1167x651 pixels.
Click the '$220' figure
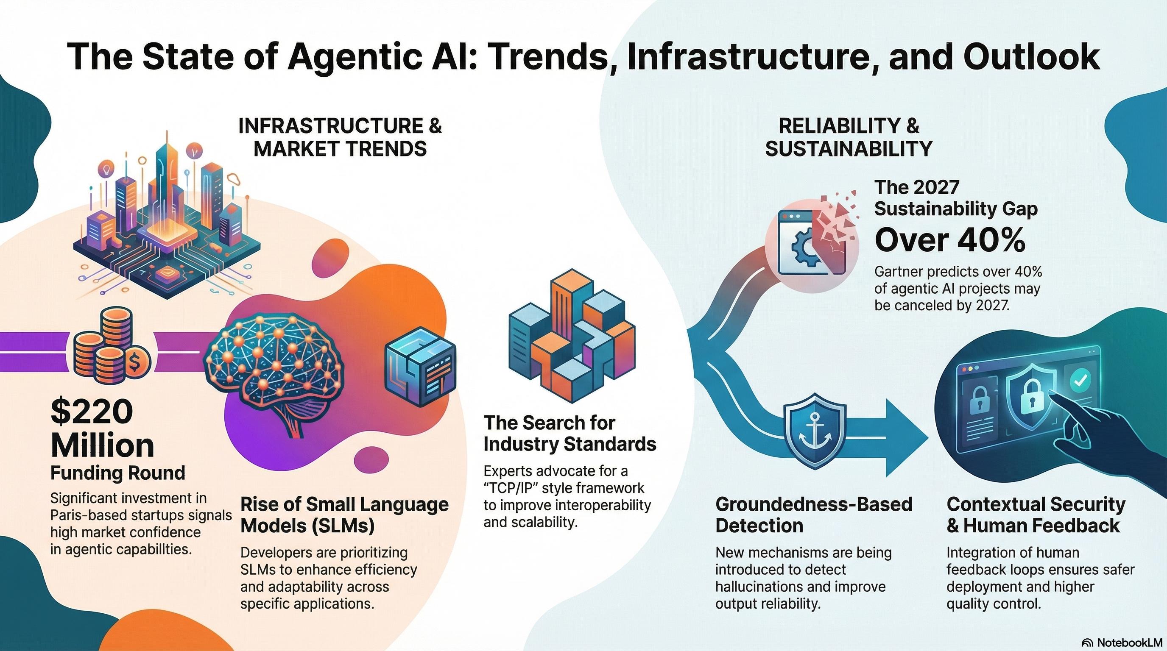tap(92, 411)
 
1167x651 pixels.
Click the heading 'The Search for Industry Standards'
tap(570, 434)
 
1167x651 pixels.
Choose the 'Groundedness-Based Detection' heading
tap(813, 515)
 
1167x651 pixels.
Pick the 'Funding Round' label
tap(118, 473)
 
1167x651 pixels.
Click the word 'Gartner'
tap(899, 272)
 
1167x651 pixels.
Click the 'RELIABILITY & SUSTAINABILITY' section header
tap(848, 137)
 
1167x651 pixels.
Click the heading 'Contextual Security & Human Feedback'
tap(1036, 515)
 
